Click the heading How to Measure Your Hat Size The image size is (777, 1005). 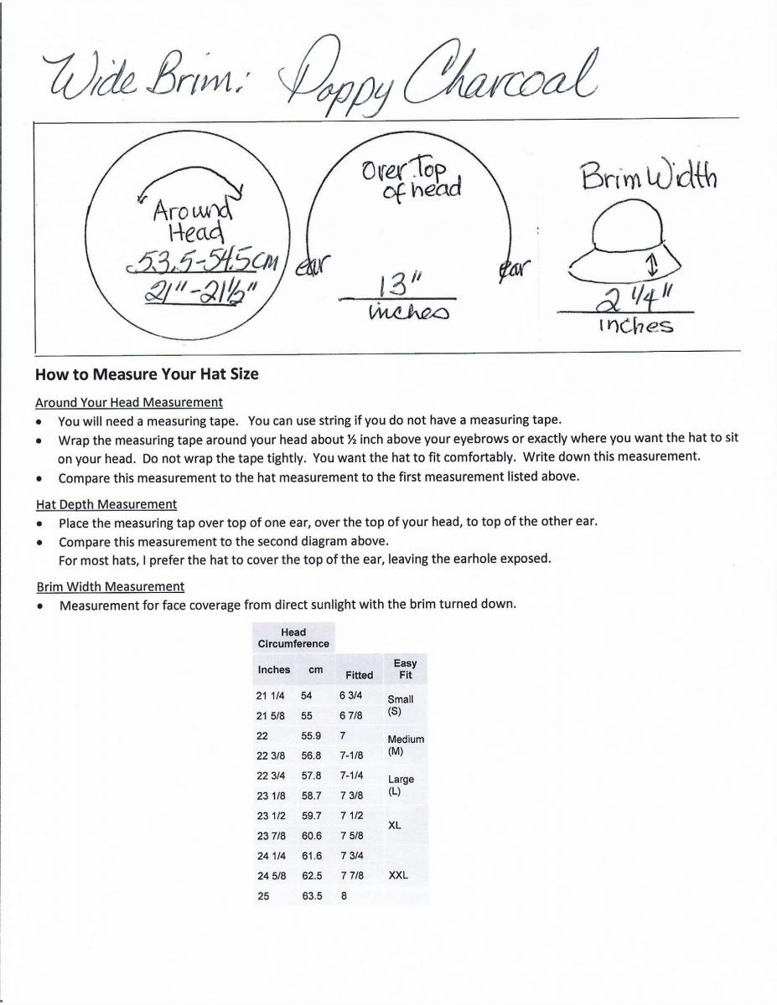tap(147, 374)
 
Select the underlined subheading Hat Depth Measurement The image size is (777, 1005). tap(106, 504)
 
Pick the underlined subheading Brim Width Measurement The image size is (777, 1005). tap(111, 586)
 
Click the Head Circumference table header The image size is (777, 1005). tap(293, 638)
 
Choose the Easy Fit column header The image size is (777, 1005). tap(405, 668)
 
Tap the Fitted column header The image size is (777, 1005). tap(359, 674)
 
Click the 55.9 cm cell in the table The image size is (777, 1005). tap(311, 735)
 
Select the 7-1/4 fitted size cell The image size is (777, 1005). tap(351, 776)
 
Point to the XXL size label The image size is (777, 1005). tap(399, 875)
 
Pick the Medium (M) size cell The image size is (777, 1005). tap(405, 745)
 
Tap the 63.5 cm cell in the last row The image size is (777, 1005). tap(312, 895)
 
